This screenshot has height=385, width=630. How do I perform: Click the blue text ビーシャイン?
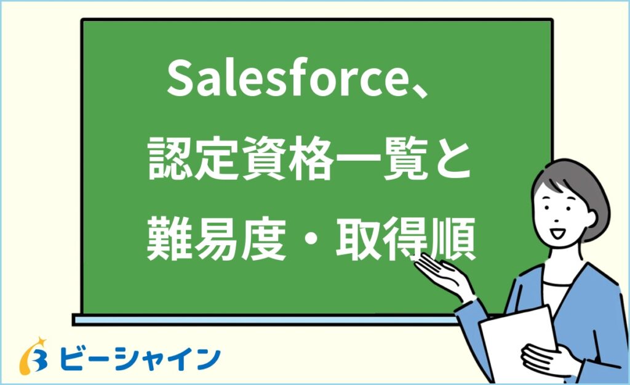(142, 357)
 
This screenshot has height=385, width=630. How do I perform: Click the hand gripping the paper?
(541, 360)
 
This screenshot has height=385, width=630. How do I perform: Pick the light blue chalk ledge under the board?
(265, 319)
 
